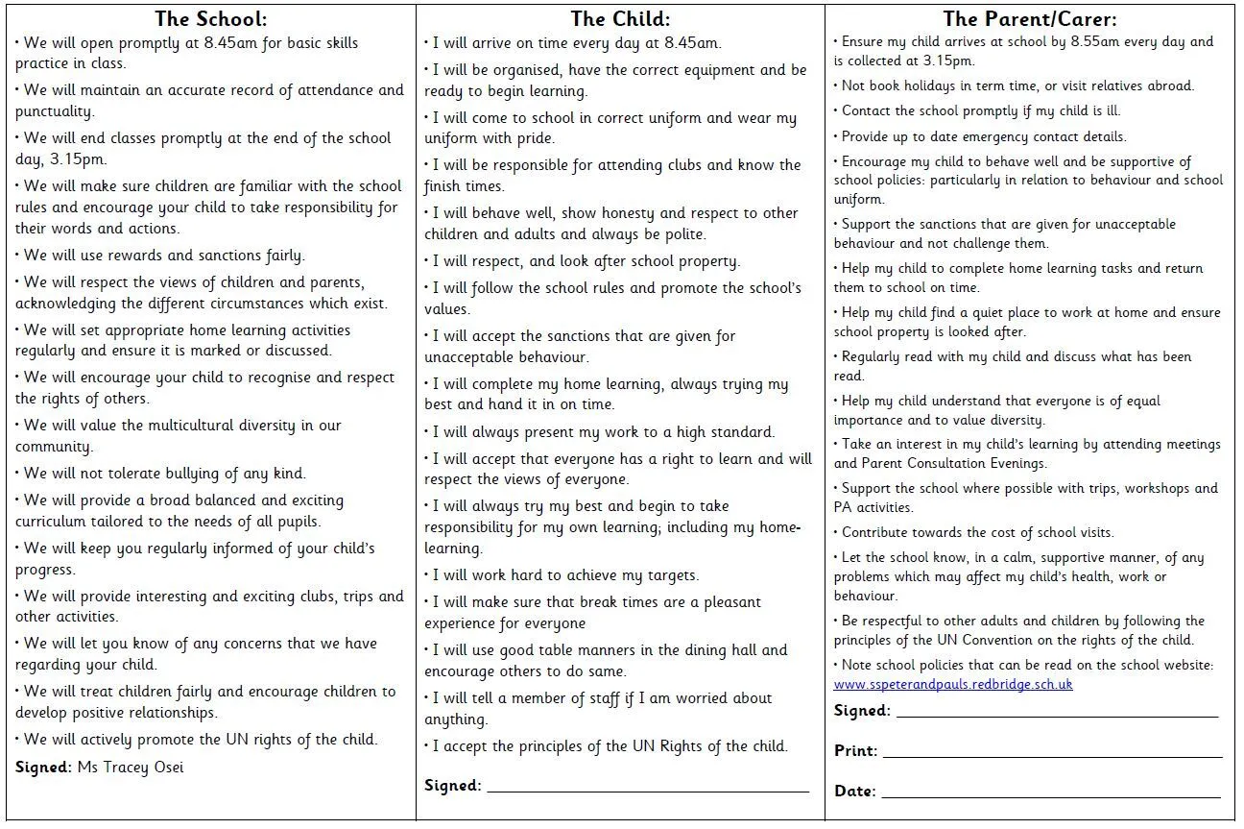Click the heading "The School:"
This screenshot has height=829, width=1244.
tap(210, 19)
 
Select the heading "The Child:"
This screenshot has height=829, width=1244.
tap(620, 19)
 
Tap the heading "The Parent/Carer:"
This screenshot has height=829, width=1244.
tap(1030, 19)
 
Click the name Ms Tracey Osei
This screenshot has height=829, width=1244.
tap(130, 768)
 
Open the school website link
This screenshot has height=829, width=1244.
tap(952, 685)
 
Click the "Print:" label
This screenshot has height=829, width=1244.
tap(855, 751)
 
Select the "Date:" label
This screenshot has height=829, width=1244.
tap(854, 792)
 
